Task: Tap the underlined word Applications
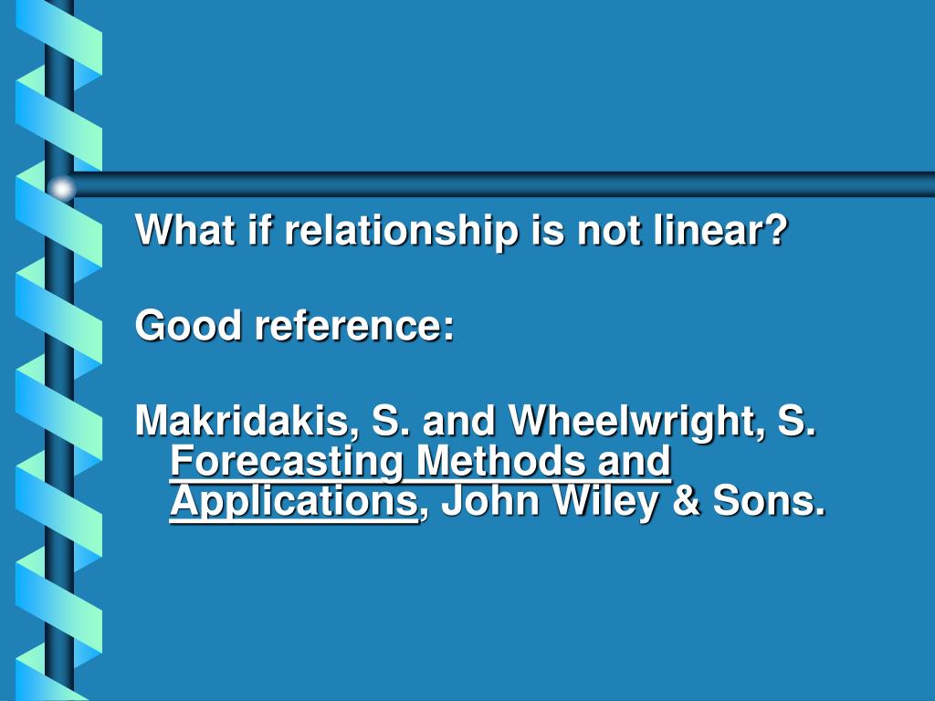tap(293, 501)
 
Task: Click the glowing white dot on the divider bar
tap(61, 188)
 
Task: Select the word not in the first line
tap(604, 230)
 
